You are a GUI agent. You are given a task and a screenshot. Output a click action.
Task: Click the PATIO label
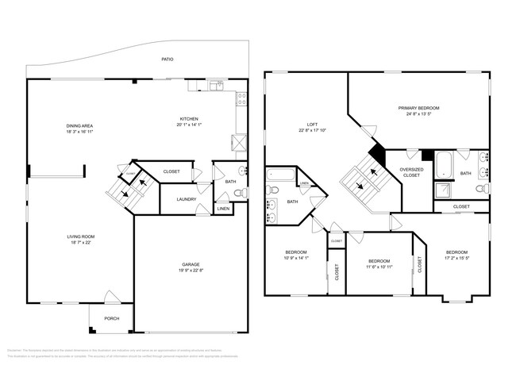point(168,60)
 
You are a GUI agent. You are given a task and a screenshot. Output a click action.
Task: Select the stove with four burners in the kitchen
point(236,143)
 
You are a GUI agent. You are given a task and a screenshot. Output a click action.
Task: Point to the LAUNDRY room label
point(187,200)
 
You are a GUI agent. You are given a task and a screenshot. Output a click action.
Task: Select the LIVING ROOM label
point(81,236)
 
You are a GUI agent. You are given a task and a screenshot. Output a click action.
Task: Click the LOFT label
point(312,125)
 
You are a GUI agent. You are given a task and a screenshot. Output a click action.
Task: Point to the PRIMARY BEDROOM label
point(418,108)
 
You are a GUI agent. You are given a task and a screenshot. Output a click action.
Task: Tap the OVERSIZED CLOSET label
point(410,171)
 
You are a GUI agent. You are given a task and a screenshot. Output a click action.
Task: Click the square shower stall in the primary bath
point(443,190)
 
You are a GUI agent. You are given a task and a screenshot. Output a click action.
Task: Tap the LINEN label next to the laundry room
point(224,209)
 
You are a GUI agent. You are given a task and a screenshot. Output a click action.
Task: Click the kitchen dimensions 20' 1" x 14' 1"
point(190,125)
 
